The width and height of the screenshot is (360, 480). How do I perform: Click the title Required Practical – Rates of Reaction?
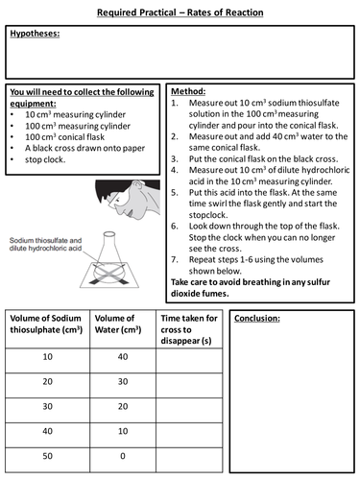(180, 12)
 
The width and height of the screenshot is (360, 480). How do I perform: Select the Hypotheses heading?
(34, 34)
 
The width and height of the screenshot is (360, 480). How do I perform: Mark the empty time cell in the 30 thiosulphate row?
(191, 407)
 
